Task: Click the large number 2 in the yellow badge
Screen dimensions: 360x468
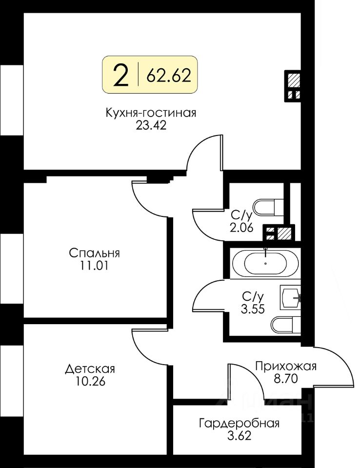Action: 121,76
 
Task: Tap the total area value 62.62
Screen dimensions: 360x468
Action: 169,75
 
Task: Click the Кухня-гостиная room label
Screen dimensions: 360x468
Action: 151,113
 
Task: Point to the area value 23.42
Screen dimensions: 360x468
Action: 151,126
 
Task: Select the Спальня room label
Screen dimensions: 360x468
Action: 95,253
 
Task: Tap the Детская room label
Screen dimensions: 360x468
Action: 90,369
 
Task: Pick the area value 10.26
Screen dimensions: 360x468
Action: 91,381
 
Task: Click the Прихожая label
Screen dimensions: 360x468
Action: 286,366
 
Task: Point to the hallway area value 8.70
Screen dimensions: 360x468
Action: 286,378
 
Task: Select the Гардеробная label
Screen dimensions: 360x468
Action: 240,423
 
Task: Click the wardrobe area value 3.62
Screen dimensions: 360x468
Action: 240,436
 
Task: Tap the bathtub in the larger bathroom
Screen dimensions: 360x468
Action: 265,263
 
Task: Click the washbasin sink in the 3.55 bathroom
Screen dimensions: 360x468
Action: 290,297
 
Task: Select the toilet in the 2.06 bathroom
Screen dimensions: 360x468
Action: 268,207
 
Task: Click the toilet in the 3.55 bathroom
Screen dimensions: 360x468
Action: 286,325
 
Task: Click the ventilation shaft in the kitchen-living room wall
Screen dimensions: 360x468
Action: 293,86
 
